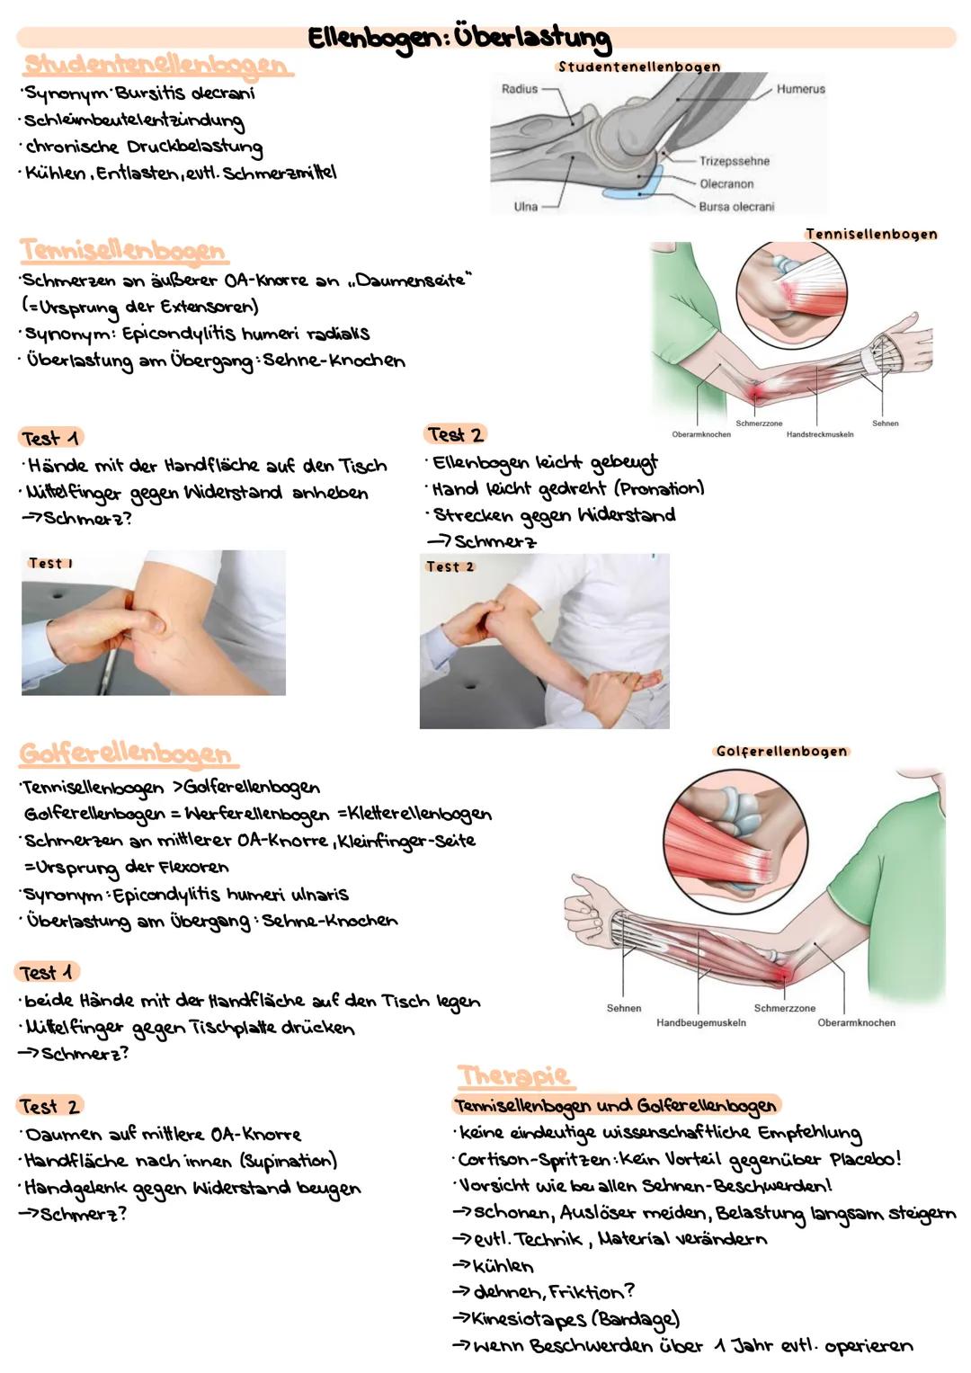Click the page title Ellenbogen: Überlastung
[459, 38]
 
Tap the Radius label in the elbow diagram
[519, 89]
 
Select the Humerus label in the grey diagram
[800, 89]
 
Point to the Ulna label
[525, 206]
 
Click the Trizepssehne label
[734, 161]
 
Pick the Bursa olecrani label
[735, 206]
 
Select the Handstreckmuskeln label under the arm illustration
[819, 434]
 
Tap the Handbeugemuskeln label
[700, 1022]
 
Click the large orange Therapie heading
[513, 1074]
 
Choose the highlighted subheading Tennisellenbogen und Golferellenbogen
[615, 1105]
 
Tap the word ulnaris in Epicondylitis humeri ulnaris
[318, 895]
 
